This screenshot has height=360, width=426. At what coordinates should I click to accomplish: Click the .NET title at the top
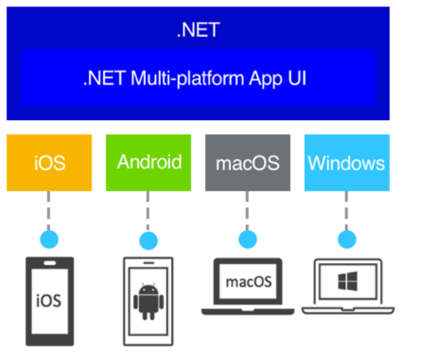coord(198,29)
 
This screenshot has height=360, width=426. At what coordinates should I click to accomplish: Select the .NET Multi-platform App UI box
coord(198,78)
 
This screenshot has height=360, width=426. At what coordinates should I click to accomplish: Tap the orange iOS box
coord(49,163)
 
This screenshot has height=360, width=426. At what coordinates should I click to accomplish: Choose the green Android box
coord(148,162)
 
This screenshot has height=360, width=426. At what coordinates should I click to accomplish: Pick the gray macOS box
coord(247,163)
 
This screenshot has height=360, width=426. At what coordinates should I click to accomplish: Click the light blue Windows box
coord(346,163)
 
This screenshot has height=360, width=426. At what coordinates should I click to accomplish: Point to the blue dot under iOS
coord(49,239)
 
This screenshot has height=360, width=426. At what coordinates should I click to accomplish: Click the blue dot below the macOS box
coord(247,239)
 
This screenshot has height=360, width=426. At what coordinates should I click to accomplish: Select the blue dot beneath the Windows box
coord(346,239)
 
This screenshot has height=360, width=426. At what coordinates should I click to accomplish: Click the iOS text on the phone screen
coord(49,300)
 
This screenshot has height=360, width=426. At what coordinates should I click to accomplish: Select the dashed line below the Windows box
coord(346,210)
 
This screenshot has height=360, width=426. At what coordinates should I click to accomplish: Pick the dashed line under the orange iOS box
coord(49,210)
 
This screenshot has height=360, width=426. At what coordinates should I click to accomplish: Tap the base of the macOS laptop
coord(247,311)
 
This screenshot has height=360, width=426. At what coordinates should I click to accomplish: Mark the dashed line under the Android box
coord(148,210)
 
